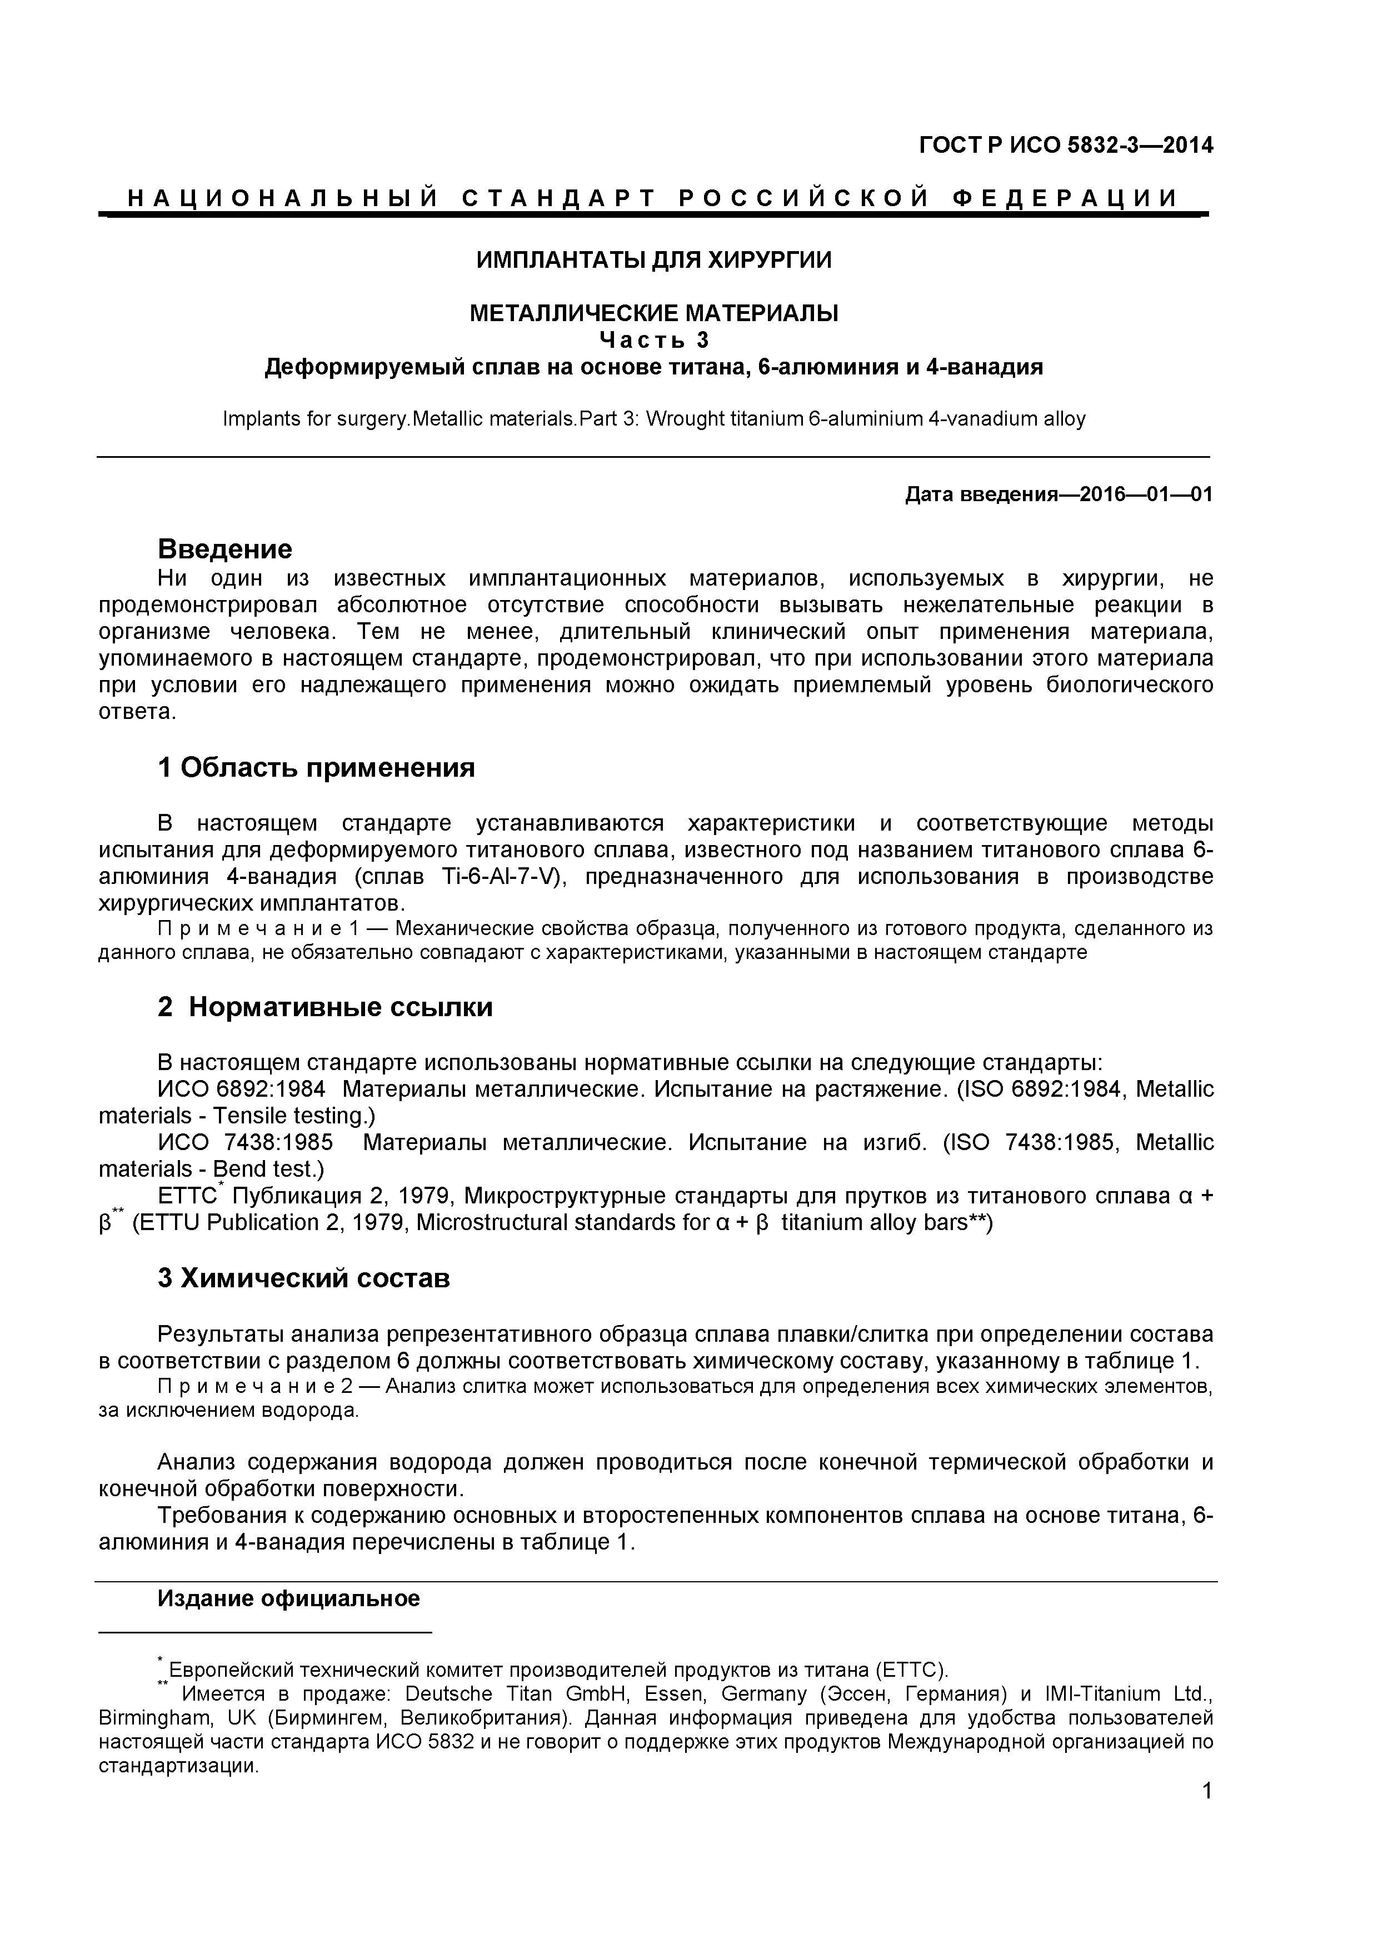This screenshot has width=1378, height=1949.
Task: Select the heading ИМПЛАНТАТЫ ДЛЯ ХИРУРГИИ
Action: click(x=654, y=260)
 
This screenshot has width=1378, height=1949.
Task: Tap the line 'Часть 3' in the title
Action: click(x=654, y=339)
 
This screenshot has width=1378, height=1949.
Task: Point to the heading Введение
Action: click(x=225, y=549)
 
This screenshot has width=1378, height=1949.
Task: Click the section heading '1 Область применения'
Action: click(x=316, y=768)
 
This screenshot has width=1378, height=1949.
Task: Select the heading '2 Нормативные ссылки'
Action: click(x=324, y=1008)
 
